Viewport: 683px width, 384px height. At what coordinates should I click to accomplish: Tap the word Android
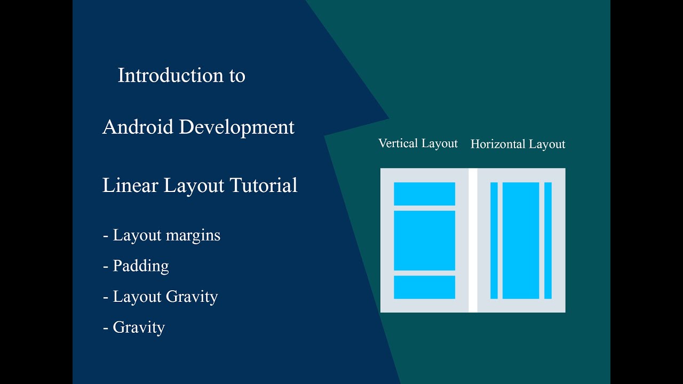click(138, 127)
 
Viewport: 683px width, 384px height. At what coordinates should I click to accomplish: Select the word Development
click(237, 127)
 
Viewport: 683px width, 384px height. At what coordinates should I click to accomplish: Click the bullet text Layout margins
click(162, 235)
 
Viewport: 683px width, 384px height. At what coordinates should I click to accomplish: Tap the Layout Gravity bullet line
click(161, 297)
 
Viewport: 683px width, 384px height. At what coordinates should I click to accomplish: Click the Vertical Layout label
click(418, 143)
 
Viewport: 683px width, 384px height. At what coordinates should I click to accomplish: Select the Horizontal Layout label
click(518, 144)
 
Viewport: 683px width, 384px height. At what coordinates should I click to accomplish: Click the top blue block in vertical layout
click(424, 194)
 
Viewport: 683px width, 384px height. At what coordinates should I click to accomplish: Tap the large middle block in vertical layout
click(424, 241)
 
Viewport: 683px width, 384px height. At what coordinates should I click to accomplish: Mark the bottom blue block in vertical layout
click(424, 287)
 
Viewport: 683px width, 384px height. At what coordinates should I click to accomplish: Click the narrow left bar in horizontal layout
click(494, 241)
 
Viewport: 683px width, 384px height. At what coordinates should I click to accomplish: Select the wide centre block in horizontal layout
click(521, 241)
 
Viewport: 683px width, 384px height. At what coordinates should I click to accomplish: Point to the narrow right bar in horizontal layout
click(548, 241)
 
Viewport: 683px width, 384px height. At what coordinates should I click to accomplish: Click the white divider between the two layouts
click(473, 240)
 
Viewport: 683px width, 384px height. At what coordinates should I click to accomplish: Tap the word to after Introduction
click(237, 76)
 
